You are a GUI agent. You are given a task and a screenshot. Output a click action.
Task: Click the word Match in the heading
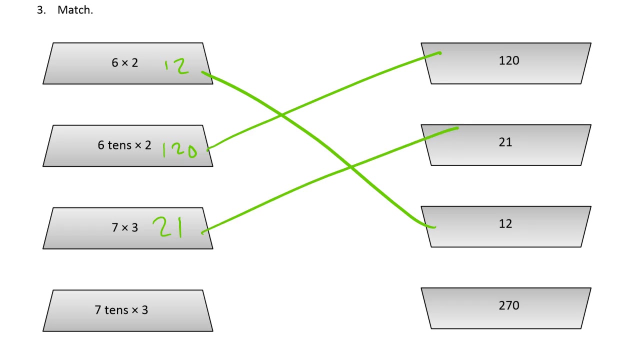[x=75, y=10]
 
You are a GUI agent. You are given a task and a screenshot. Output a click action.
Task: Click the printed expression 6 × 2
[x=124, y=63]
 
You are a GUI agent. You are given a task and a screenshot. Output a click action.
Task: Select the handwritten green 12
[x=176, y=67]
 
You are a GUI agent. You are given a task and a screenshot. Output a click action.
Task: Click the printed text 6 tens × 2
[x=124, y=145]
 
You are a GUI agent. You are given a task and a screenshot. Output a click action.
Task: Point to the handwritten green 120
[x=179, y=149]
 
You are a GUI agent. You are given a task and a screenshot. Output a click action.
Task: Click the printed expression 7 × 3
[x=124, y=228]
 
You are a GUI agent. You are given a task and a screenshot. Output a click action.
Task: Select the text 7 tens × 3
[x=121, y=310]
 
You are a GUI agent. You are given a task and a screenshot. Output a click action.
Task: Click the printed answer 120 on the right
[x=509, y=60]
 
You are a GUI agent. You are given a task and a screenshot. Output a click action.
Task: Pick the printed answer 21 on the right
[x=505, y=142]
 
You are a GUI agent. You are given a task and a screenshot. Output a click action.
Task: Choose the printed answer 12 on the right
[x=505, y=224]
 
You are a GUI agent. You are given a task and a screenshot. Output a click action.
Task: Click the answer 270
[x=509, y=305]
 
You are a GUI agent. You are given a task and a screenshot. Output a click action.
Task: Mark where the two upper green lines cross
[x=282, y=115]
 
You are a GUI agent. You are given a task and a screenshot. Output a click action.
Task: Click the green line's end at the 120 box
[x=439, y=52]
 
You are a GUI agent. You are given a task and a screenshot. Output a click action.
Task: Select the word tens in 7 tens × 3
[x=116, y=310]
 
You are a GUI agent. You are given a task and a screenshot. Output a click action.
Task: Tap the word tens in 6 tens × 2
[x=119, y=145]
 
